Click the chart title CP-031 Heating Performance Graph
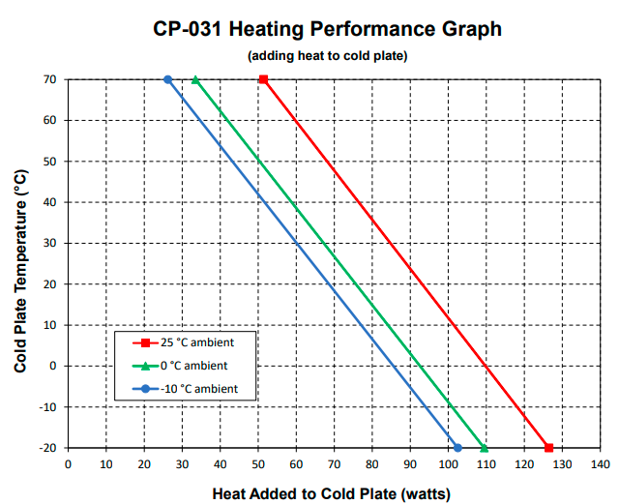pyautogui.click(x=327, y=29)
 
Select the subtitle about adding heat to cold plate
pyautogui.click(x=327, y=56)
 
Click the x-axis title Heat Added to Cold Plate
pyautogui.click(x=331, y=494)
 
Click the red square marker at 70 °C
pyautogui.click(x=263, y=79)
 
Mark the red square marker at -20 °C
pyautogui.click(x=548, y=448)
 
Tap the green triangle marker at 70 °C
pyautogui.click(x=195, y=79)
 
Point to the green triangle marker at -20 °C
pyautogui.click(x=485, y=448)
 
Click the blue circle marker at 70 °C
pyautogui.click(x=167, y=79)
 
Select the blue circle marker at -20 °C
pyautogui.click(x=457, y=448)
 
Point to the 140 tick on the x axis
pyautogui.click(x=601, y=464)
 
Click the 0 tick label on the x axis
pyautogui.click(x=68, y=464)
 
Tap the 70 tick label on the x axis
pyautogui.click(x=334, y=464)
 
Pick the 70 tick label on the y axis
pyautogui.click(x=49, y=79)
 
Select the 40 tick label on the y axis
pyautogui.click(x=49, y=202)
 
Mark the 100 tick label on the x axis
pyautogui.click(x=448, y=464)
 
